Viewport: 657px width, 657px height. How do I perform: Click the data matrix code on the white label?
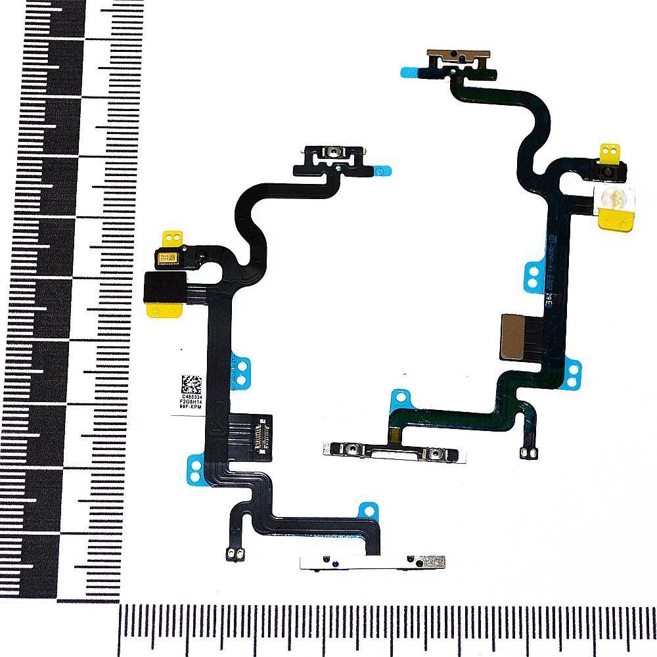pos(191,383)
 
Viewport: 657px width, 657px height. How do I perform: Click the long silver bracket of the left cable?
pos(371,562)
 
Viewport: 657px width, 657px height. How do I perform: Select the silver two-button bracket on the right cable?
pos(394,451)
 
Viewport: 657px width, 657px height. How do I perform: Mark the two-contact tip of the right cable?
pos(526,453)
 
